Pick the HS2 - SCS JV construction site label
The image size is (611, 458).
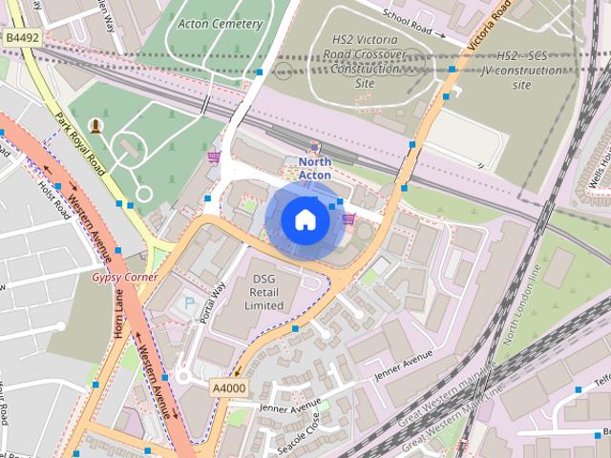521,71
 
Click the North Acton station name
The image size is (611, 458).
315,168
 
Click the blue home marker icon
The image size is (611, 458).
305,219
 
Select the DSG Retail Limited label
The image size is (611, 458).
263,292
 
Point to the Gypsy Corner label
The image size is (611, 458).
125,277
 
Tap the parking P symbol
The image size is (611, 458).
188,303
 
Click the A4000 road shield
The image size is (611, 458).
228,387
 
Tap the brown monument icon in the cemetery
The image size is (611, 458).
95,125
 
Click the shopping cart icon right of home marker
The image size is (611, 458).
348,219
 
